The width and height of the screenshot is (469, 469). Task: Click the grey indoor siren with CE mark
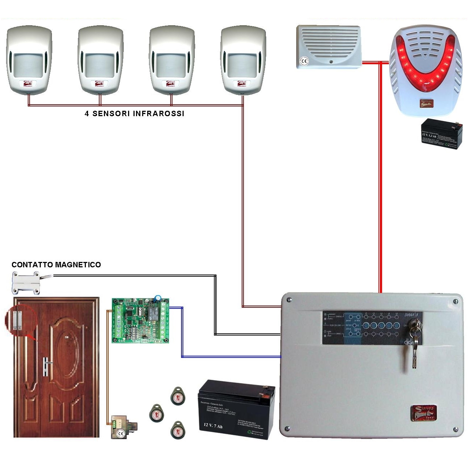pos(329,47)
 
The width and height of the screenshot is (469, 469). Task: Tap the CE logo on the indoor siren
pos(304,61)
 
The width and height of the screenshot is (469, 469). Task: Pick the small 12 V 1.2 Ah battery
pos(442,134)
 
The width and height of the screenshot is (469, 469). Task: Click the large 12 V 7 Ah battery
pos(236,409)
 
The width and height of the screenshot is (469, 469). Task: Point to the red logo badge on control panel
pos(424,413)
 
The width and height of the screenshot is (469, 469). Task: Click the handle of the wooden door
pos(46,365)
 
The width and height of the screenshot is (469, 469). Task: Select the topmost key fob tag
pos(177,396)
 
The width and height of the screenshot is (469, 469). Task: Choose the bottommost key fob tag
pos(178,430)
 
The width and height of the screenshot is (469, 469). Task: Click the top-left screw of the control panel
pos(289,299)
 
